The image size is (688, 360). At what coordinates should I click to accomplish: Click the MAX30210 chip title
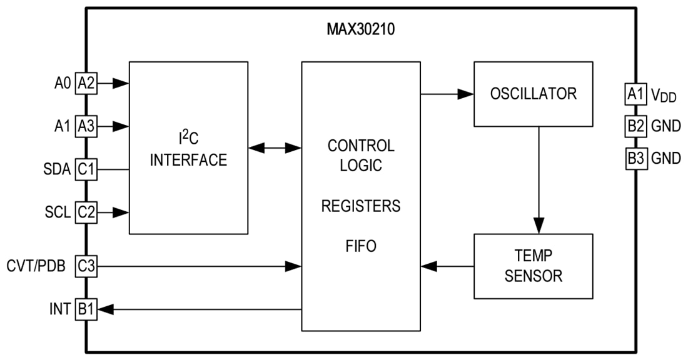click(360, 29)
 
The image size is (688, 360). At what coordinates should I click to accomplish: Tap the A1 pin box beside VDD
click(635, 94)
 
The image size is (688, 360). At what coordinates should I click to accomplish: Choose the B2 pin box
click(635, 126)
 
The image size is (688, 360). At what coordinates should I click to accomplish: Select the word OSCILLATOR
click(533, 94)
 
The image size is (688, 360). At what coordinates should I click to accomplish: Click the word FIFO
click(361, 246)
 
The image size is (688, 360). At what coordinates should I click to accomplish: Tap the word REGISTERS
click(361, 206)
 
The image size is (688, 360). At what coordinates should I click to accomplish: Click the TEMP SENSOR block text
click(533, 266)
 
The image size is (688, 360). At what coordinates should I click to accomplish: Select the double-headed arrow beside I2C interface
click(275, 148)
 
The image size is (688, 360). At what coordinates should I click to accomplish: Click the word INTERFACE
click(188, 160)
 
